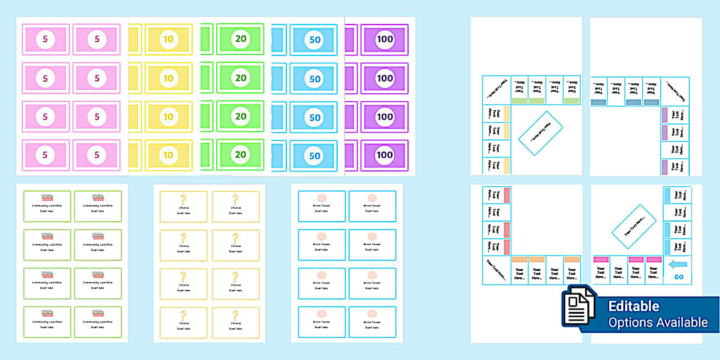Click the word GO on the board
coord(678,277)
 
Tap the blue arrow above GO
coord(678,264)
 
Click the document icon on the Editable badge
coord(579,309)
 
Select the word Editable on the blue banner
coord(633,307)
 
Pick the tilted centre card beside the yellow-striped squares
coord(541,133)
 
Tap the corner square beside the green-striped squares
coord(497,90)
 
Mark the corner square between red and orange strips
coord(497,270)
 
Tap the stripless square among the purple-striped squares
coord(676,150)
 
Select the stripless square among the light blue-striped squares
coord(677,213)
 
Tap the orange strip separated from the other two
coord(572,259)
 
